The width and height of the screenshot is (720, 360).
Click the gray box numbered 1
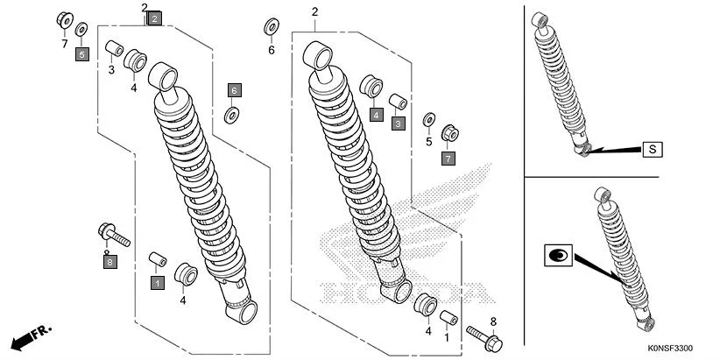point(158,283)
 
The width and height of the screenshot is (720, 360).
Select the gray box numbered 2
point(154,18)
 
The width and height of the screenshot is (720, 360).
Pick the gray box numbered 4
point(375,114)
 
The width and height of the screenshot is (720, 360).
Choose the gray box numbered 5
point(81,54)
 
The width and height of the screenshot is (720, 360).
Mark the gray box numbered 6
point(234,89)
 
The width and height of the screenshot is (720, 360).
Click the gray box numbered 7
point(448,159)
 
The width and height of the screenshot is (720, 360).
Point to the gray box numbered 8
point(109,262)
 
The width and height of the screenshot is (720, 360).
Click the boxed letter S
point(653,149)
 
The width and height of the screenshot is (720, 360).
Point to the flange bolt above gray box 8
point(112,234)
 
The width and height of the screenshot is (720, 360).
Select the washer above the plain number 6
point(271,25)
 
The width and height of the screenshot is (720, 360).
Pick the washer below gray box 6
point(233,114)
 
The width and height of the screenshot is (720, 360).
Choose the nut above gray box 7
point(451,134)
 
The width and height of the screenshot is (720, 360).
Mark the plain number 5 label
point(429,141)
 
